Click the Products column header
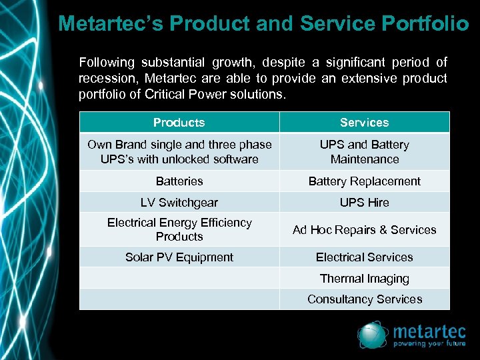coord(179,122)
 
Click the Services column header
coord(364,122)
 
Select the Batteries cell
coord(179,181)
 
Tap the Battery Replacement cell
coord(364,181)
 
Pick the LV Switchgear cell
coord(179,202)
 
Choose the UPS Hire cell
coord(364,202)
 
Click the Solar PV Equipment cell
coord(179,257)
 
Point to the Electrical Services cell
coord(364,257)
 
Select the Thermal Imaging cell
coord(364,278)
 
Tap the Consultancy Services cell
coord(364,299)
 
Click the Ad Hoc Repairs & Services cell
coord(364,229)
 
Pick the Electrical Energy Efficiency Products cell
coord(179,229)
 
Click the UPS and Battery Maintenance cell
coord(364,151)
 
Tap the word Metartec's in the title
coord(111,23)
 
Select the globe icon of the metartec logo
coord(372,335)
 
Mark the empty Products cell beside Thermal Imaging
coord(179,278)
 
